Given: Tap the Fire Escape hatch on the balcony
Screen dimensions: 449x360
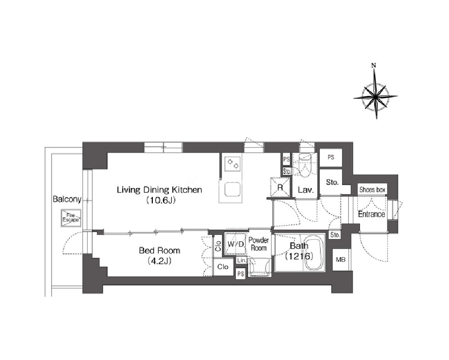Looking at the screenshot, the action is click(71, 218).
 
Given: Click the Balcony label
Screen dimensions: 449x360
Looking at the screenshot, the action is click(67, 199).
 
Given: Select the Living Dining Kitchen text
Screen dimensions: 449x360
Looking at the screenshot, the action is click(159, 190).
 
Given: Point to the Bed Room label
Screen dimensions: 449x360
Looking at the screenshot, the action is click(160, 251).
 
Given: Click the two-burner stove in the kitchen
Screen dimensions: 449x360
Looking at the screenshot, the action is click(232, 164).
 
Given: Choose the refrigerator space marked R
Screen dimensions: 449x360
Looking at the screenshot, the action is click(280, 187).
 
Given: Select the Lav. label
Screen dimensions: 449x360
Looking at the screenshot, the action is click(306, 190).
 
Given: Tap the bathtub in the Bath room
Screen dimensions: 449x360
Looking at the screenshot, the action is click(314, 253).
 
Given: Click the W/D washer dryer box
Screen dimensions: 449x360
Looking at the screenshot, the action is click(235, 244).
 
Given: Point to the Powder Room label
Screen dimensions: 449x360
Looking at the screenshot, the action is click(258, 244).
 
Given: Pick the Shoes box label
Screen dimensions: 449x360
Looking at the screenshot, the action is click(372, 190).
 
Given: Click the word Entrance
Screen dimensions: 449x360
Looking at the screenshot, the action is click(371, 214).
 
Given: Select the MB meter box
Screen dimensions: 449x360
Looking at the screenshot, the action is click(341, 260).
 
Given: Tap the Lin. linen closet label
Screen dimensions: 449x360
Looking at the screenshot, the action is click(241, 261).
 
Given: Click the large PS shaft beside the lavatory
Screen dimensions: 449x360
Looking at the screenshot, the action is click(331, 157).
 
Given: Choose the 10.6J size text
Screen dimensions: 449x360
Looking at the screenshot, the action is click(160, 200).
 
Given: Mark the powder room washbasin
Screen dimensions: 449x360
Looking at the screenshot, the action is click(259, 267).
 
